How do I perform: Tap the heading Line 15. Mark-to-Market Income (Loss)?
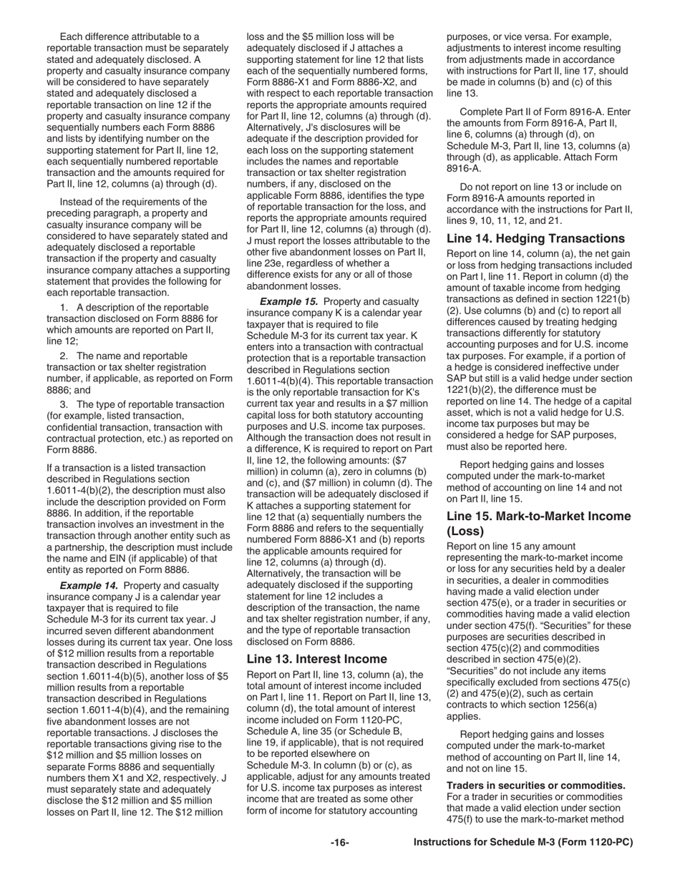tap(538, 524)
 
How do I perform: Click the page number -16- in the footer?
tap(339, 843)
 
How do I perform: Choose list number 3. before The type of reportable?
tap(64, 404)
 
